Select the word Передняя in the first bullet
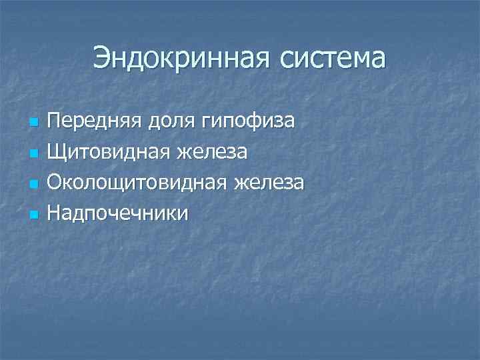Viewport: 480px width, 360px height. tap(89, 122)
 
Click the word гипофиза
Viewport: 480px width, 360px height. tap(243, 122)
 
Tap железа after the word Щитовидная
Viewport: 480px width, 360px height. tap(213, 152)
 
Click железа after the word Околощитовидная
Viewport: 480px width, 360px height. tap(269, 182)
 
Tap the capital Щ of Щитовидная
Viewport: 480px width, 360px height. tap(55, 152)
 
